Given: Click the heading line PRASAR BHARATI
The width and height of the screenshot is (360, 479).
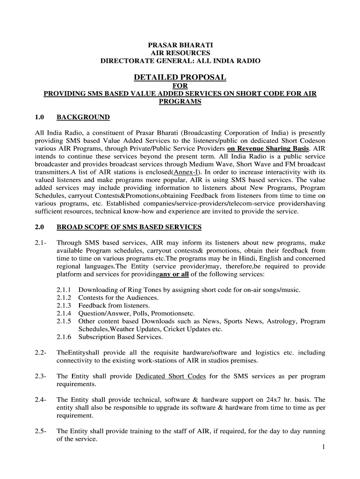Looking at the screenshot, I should click(x=180, y=45).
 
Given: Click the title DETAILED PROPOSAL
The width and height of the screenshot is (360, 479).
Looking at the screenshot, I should click(x=180, y=77).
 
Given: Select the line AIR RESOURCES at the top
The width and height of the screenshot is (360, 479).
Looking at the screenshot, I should click(x=180, y=53).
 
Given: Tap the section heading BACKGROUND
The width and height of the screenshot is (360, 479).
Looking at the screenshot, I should click(x=83, y=117).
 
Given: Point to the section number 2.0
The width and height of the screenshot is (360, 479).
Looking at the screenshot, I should click(x=39, y=227).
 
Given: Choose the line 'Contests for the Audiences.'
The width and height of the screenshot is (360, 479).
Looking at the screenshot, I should click(x=118, y=298).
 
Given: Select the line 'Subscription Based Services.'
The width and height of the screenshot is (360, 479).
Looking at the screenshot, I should click(x=121, y=337).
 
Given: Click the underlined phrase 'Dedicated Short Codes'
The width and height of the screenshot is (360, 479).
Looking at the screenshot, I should click(x=170, y=377).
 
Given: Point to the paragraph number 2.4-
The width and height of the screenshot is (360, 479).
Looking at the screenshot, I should click(x=40, y=400).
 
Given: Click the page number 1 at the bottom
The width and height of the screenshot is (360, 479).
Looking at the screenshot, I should click(x=323, y=447).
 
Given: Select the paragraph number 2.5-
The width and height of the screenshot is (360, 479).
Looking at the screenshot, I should click(x=40, y=431).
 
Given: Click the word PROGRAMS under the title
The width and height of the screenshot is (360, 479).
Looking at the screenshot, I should click(x=180, y=102).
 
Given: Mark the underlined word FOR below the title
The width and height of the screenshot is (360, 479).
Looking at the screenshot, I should click(x=180, y=86).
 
